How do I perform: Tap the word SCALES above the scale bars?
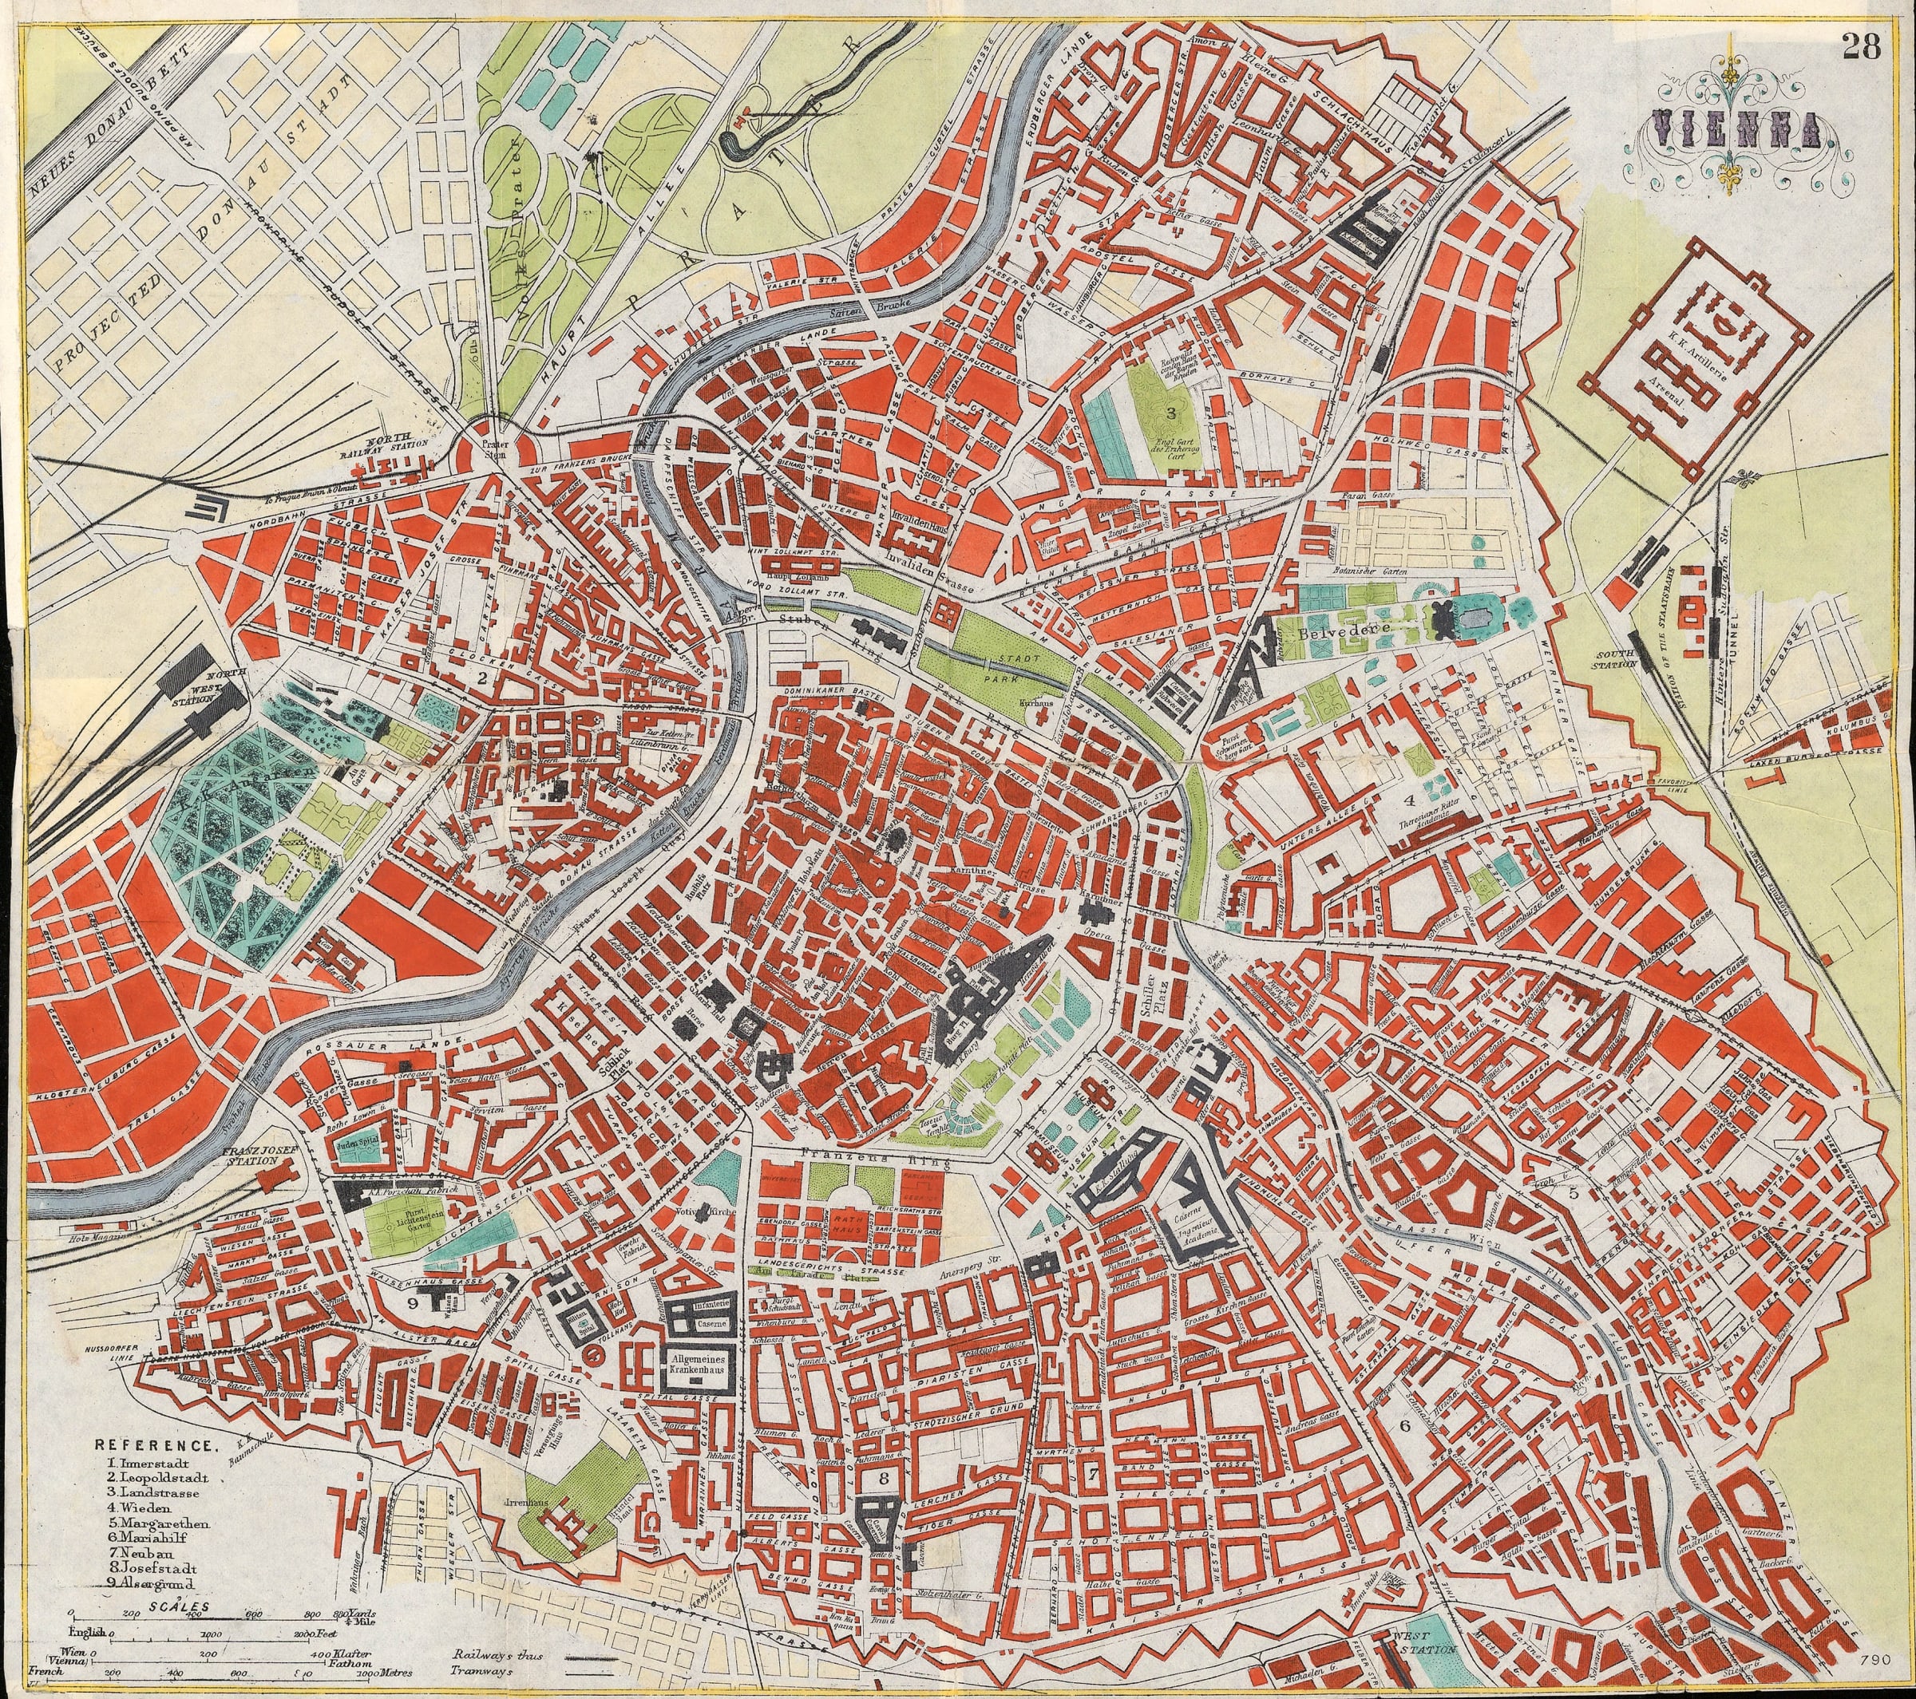pos(166,1604)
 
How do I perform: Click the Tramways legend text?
pos(484,1672)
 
